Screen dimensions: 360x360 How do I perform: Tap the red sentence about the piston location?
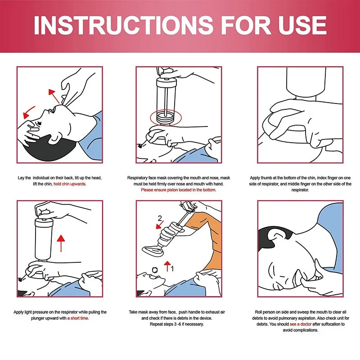pos(178,190)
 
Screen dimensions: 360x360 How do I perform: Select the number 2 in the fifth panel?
pos(159,219)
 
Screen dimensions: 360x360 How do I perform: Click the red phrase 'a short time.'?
pos(78,318)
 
